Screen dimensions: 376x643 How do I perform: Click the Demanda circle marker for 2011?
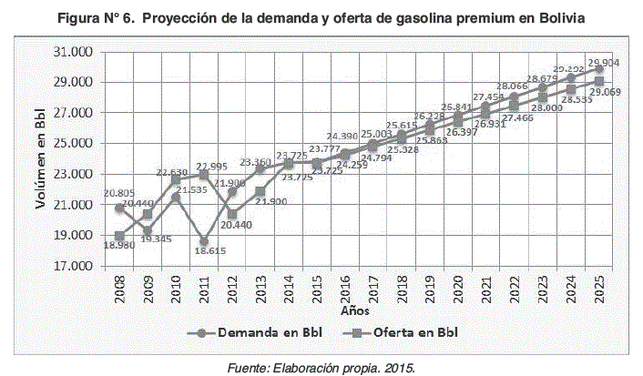pyautogui.click(x=204, y=242)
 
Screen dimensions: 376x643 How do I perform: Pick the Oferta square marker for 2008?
pyautogui.click(x=119, y=236)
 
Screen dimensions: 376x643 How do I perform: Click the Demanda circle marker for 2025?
pyautogui.click(x=599, y=68)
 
